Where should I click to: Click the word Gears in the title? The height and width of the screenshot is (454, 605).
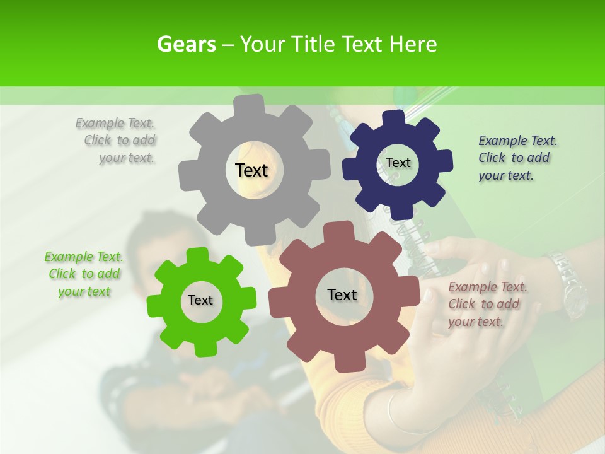187,44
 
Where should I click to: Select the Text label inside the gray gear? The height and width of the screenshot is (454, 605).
251,170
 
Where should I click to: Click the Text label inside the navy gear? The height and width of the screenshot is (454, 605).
398,163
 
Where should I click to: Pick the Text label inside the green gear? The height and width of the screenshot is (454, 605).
200,300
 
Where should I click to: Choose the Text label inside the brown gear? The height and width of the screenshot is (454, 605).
342,294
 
